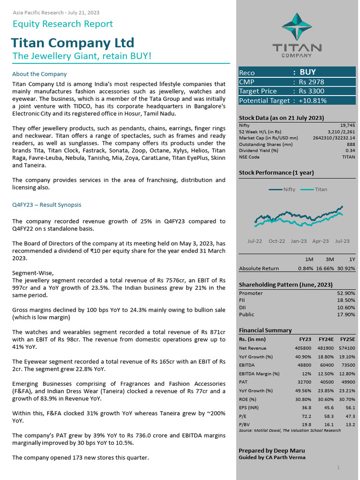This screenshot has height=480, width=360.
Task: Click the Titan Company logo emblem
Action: coord(297,26)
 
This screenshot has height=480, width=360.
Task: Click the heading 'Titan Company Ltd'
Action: coord(73,43)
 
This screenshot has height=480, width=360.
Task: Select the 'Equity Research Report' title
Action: coord(62,24)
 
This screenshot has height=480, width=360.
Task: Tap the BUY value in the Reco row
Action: coord(307,72)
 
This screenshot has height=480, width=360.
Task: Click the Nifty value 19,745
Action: coord(347,126)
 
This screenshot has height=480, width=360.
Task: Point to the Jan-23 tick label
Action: coord(299,241)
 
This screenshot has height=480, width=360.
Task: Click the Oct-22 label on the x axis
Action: coord(277,241)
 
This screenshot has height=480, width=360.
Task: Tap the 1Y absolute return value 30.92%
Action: coord(346,269)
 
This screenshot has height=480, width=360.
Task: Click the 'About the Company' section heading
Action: coord(39,74)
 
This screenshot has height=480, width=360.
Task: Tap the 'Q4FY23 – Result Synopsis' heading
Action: coord(46,205)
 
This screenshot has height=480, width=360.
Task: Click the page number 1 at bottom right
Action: coord(338,467)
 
